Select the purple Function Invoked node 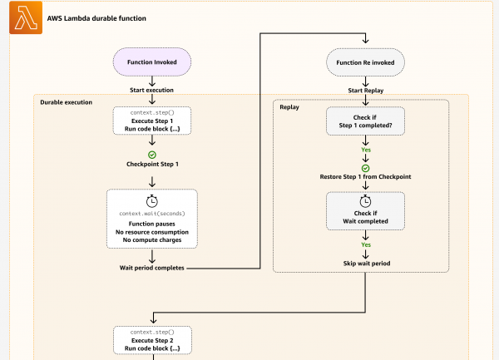(152, 62)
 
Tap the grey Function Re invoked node (365, 62)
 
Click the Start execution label (152, 90)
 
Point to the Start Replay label (365, 90)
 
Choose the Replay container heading (290, 107)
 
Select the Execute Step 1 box (152, 121)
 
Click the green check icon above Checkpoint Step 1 (152, 155)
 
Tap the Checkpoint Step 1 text (152, 165)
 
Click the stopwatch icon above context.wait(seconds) (152, 201)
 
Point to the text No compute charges (152, 240)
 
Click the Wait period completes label (152, 268)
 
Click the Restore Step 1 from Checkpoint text (365, 177)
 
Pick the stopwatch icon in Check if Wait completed (365, 202)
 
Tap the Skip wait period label (365, 263)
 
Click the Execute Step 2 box (152, 341)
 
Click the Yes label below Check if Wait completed (365, 245)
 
